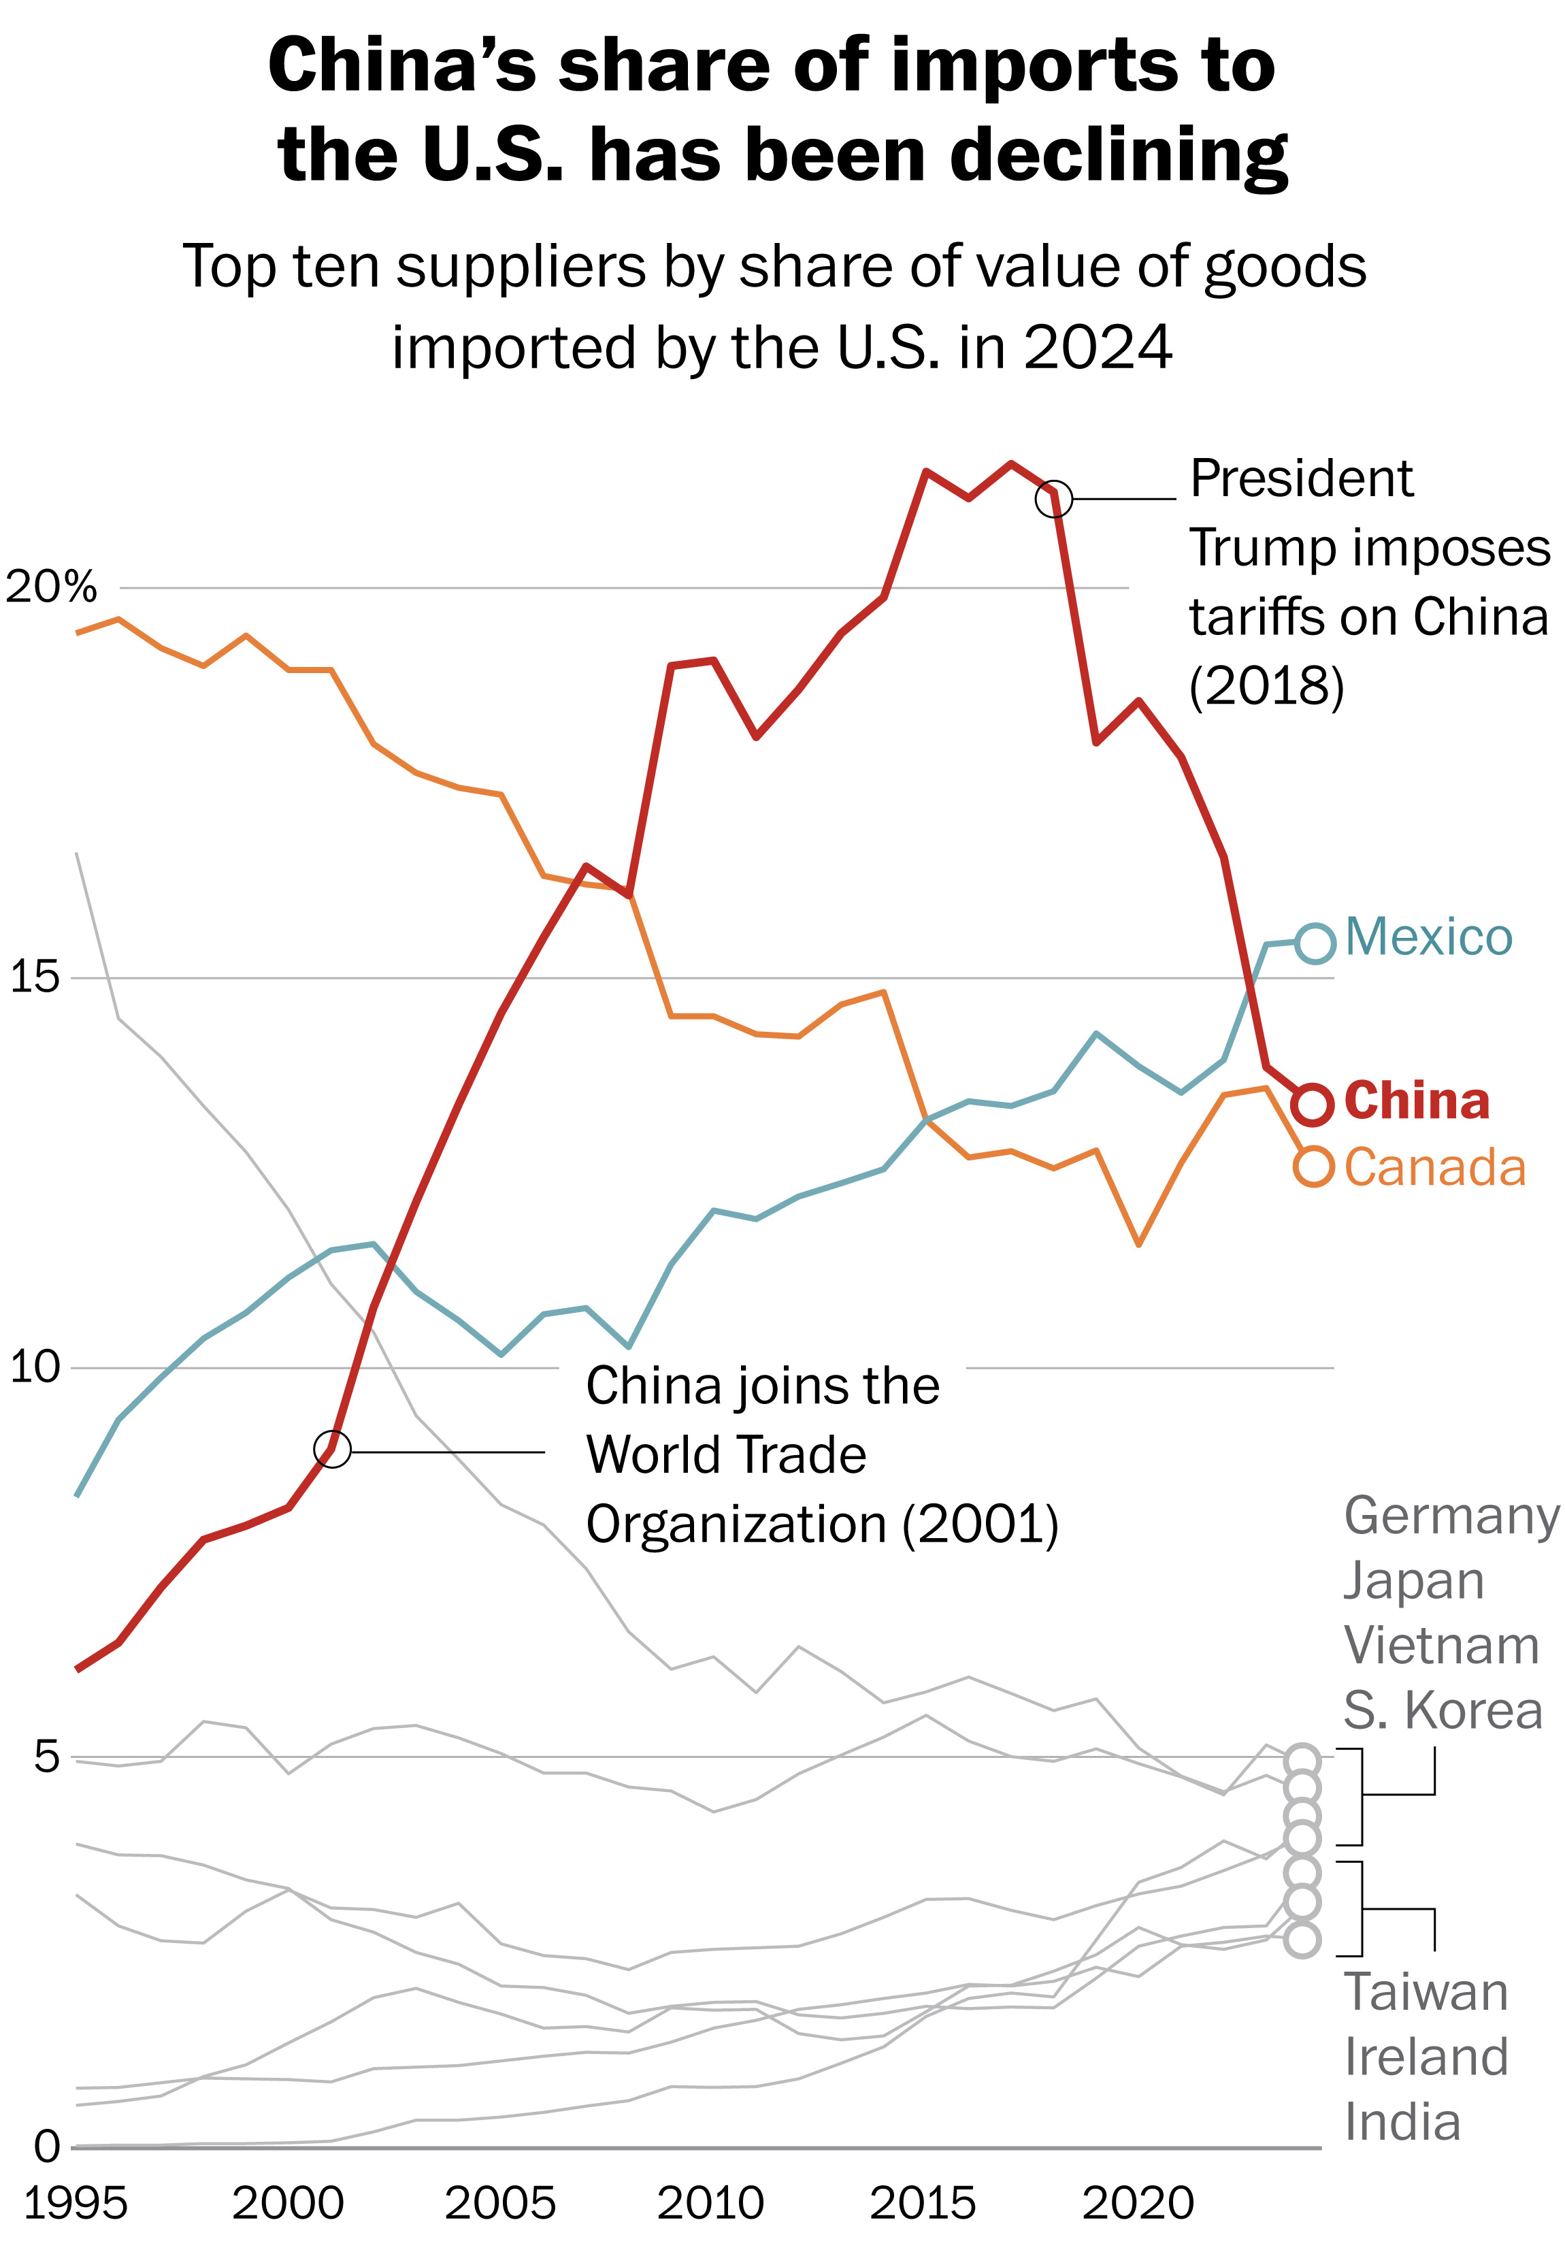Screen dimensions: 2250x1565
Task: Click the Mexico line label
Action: click(1428, 938)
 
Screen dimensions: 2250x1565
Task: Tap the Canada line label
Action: click(1434, 1168)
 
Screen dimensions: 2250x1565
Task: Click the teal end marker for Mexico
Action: click(1315, 943)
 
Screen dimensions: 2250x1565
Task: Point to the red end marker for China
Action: click(1312, 1105)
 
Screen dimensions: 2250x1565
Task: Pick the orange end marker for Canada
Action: click(1314, 1166)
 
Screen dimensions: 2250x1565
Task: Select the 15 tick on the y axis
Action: click(33, 977)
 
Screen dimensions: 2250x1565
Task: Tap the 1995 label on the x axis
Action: click(76, 2204)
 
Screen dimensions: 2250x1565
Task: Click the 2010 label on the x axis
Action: click(710, 2204)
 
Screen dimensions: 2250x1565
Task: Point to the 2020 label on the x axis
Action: click(1137, 2204)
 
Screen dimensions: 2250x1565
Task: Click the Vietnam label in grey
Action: click(1440, 1646)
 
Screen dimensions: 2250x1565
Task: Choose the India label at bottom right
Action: click(1401, 2121)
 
